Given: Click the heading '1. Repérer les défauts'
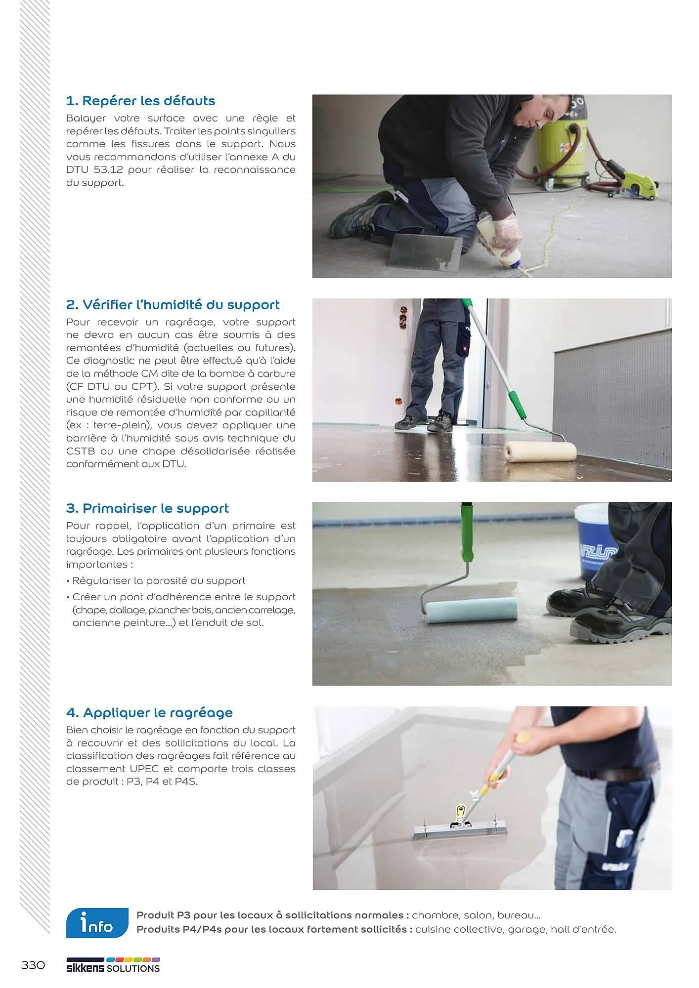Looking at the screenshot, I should tap(140, 101).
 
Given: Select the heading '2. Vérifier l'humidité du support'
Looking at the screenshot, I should tap(173, 305).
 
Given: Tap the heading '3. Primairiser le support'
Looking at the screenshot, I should tap(147, 508).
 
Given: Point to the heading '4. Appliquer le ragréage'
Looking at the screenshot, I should tap(149, 713).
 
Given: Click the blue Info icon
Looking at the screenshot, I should tap(97, 922).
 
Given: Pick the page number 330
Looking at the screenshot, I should tap(33, 965).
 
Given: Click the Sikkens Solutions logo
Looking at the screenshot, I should tap(113, 966).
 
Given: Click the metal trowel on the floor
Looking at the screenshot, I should tap(426, 252).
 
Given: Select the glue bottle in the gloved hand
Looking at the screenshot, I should tap(496, 243).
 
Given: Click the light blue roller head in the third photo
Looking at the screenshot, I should tap(472, 611).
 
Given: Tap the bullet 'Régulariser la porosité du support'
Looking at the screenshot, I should tap(158, 581).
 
